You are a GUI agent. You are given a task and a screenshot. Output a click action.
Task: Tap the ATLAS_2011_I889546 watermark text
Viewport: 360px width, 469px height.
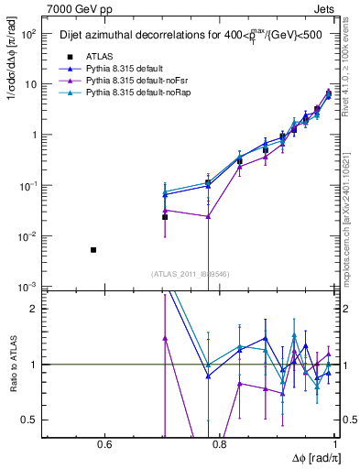click(191, 273)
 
